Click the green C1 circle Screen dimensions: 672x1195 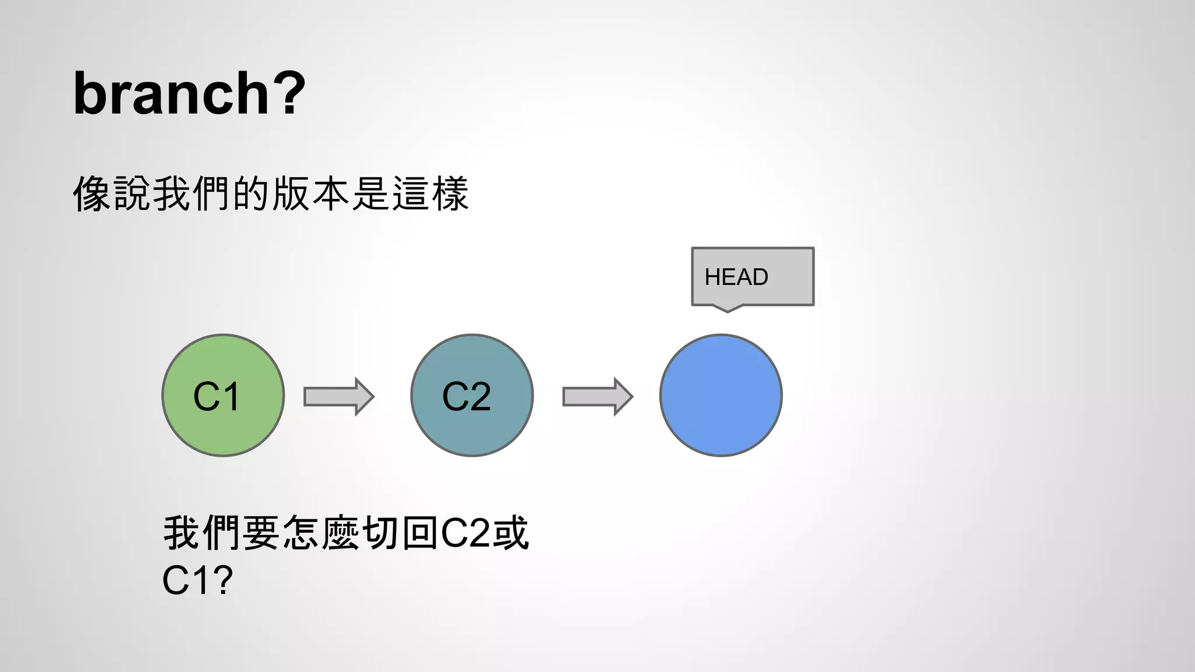(x=223, y=395)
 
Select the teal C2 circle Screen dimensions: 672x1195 (x=472, y=395)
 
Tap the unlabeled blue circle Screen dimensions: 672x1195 (x=721, y=395)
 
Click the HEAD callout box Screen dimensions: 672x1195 (x=753, y=276)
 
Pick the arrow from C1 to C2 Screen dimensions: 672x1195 (x=338, y=397)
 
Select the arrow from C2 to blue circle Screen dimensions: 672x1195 (x=597, y=397)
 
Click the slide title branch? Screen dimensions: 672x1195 (x=189, y=93)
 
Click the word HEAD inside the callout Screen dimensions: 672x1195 (x=736, y=277)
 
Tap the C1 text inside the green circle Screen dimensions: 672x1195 (x=216, y=397)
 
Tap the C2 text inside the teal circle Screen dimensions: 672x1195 (x=466, y=397)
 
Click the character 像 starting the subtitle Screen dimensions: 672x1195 (x=92, y=194)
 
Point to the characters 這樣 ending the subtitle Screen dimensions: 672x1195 (x=431, y=194)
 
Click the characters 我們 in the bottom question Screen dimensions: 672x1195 (x=202, y=533)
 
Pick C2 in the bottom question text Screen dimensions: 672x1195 (x=465, y=533)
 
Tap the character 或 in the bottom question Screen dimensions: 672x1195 (x=511, y=533)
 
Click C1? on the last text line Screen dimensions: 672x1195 (x=197, y=580)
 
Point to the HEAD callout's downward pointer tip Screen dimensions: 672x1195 (x=728, y=311)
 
